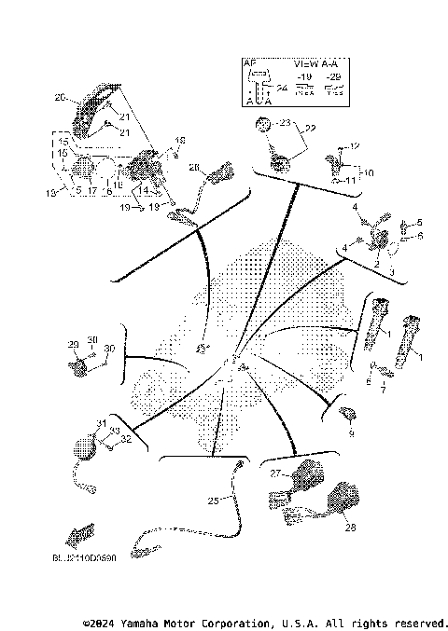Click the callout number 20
point(59,98)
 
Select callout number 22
point(310,129)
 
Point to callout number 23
point(285,122)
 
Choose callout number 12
point(353,146)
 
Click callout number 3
point(391,271)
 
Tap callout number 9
point(351,433)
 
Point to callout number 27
point(275,473)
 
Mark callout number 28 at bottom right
point(350,528)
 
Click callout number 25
point(213,501)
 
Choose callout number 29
point(73,345)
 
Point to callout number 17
point(92,190)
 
